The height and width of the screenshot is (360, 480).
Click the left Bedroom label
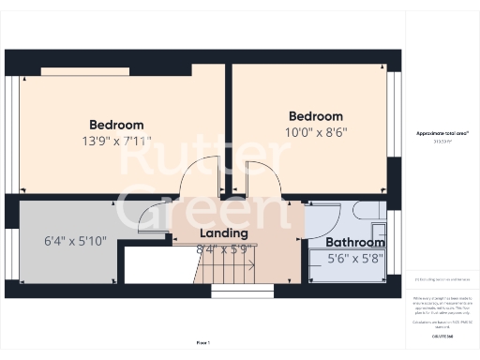point(116,125)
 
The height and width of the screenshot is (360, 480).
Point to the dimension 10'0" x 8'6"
point(309,133)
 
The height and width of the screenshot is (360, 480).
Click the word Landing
point(224,233)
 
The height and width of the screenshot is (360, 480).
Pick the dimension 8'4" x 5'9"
point(224,249)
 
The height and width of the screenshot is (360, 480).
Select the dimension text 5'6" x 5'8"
point(353,259)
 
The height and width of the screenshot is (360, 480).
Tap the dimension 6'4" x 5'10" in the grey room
point(75,241)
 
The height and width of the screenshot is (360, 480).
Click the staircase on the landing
point(225,271)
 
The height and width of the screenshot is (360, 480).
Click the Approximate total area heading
point(442,134)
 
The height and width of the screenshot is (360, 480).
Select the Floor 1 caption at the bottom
point(203,343)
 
